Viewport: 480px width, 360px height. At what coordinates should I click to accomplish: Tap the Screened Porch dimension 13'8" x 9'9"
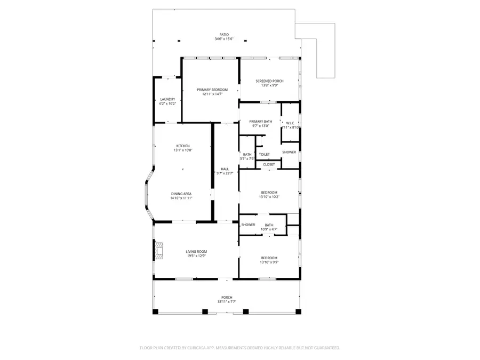269,86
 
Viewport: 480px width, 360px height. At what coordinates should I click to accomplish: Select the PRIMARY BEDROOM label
212,90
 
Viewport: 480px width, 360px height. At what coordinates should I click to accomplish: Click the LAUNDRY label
167,99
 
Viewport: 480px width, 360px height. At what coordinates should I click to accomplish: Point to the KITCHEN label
183,146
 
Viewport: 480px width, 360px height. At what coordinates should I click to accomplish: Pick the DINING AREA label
181,194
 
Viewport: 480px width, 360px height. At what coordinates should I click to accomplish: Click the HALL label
225,169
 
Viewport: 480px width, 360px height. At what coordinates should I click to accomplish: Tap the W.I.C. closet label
291,123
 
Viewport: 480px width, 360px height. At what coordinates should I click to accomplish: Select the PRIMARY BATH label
261,122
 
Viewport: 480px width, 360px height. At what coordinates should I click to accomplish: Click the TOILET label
264,155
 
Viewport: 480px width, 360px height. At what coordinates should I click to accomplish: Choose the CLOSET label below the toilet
269,165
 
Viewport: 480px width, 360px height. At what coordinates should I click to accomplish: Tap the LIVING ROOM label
196,252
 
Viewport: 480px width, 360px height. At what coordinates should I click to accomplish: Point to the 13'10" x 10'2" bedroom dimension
269,197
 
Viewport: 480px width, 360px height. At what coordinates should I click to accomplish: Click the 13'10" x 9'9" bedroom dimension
269,262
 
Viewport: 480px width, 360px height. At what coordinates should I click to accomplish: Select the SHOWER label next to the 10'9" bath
248,225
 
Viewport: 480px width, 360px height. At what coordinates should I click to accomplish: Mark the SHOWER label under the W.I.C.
289,153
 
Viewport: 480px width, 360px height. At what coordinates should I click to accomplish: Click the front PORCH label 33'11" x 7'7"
227,298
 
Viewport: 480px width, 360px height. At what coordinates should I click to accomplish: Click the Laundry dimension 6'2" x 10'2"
167,103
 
